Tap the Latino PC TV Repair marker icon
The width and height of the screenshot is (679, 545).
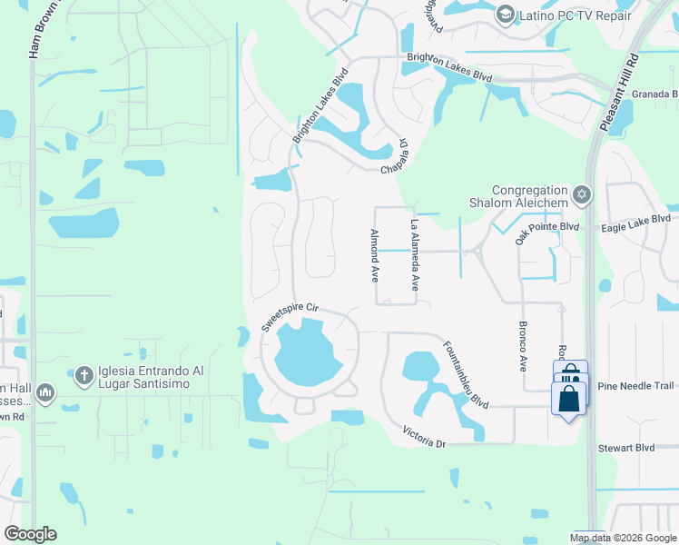pyautogui.click(x=505, y=15)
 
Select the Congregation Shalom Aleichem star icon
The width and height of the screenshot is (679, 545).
pyautogui.click(x=581, y=194)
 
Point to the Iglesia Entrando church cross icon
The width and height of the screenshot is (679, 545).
pyautogui.click(x=84, y=374)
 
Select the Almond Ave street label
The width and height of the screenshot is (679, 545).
pyautogui.click(x=373, y=255)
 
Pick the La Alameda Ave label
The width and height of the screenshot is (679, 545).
pyautogui.click(x=414, y=255)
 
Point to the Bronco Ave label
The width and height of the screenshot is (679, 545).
pyautogui.click(x=523, y=346)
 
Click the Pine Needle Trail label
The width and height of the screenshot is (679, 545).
pyautogui.click(x=635, y=386)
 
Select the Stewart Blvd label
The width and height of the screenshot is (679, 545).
pyautogui.click(x=625, y=448)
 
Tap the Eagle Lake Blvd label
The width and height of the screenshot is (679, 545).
pyautogui.click(x=635, y=219)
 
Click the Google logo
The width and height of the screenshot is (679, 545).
pyautogui.click(x=30, y=534)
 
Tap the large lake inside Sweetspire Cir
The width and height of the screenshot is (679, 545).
pyautogui.click(x=308, y=352)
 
